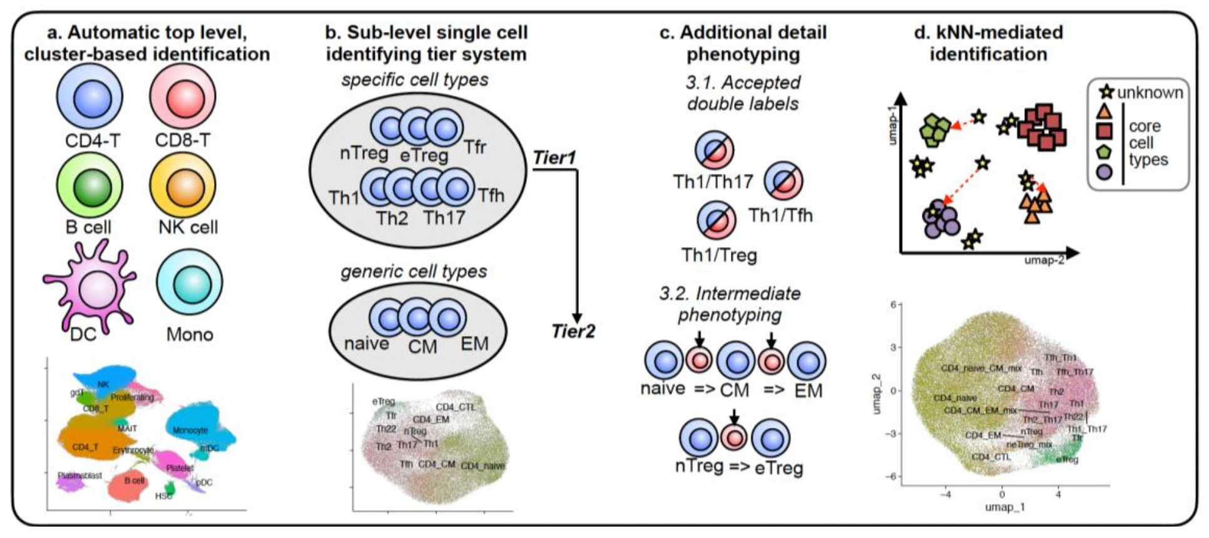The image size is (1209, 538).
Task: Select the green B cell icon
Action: [x=89, y=186]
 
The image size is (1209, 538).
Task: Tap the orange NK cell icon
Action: [x=183, y=186]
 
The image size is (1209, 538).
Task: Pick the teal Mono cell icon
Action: [x=190, y=282]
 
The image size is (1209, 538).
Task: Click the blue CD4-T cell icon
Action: [x=89, y=98]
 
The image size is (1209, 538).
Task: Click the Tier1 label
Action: [x=554, y=158]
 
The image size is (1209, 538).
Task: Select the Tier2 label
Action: [x=573, y=331]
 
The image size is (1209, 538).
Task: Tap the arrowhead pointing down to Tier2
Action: [x=577, y=317]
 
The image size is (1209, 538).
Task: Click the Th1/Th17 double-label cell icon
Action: [x=714, y=150]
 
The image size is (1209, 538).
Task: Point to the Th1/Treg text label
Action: [x=719, y=255]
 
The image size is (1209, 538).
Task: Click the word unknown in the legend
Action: [x=1150, y=93]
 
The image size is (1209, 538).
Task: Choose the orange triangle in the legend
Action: [x=1105, y=111]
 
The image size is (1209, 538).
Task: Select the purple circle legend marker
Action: [x=1105, y=171]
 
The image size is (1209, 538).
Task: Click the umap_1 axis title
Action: [x=1004, y=507]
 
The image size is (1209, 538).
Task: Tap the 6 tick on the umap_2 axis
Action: [x=893, y=305]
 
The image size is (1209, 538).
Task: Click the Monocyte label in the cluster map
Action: [x=190, y=430]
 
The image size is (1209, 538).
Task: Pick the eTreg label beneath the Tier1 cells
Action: [x=424, y=155]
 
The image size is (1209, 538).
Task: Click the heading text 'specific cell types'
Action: [x=415, y=80]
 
